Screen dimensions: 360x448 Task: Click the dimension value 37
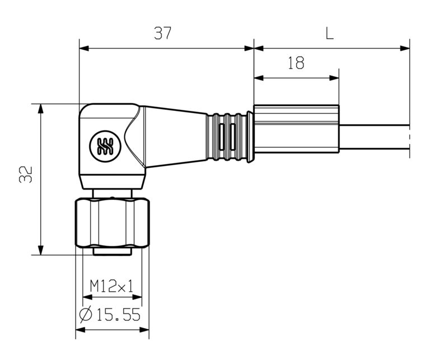point(162,34)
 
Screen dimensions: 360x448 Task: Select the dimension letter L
point(329,34)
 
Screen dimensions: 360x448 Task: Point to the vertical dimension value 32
point(25,174)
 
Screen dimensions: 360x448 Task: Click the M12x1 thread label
point(112,287)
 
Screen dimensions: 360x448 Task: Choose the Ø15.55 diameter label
point(110,315)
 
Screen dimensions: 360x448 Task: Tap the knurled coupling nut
point(112,222)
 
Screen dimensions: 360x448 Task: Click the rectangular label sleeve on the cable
point(296,129)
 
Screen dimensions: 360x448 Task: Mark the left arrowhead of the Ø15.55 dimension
point(80,330)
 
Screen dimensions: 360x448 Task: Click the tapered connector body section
point(176,137)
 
